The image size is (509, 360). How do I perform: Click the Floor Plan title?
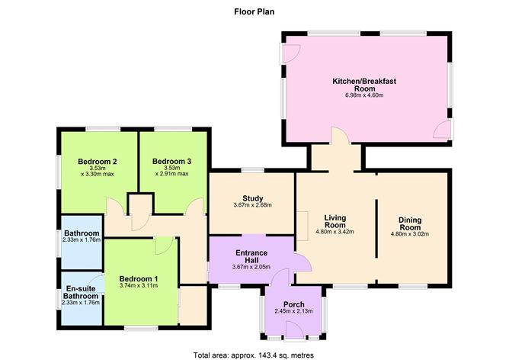pos(254,12)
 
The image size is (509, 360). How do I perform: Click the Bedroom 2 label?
pos(98,162)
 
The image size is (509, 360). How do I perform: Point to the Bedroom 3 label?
pos(171,162)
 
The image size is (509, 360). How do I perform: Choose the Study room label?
pos(252,197)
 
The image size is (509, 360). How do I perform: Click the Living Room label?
pos(335,221)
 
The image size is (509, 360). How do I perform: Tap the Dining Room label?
pos(410,223)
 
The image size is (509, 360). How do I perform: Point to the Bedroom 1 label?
pos(139,278)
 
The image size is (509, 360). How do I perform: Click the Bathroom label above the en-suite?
pos(81,233)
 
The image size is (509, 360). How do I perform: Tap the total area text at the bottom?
pos(254,355)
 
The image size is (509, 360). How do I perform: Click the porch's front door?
pos(291,329)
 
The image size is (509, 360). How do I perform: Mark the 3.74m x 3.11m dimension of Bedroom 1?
pos(139,286)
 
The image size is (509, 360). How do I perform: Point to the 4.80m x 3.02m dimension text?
pos(410,234)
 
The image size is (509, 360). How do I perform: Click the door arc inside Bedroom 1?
pos(163,246)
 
